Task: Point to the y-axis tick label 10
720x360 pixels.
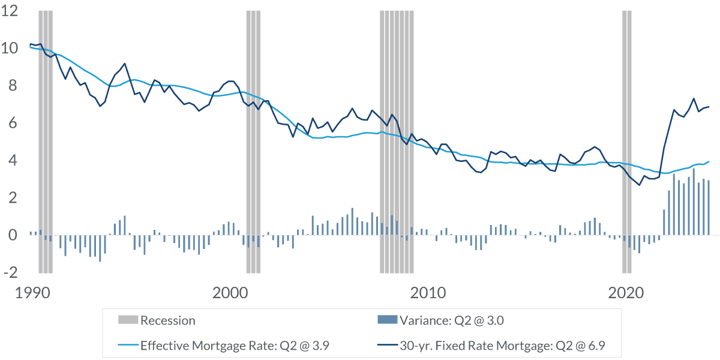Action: (10, 48)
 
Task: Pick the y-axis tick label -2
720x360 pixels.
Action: (11, 272)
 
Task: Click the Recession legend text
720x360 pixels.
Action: (168, 320)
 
